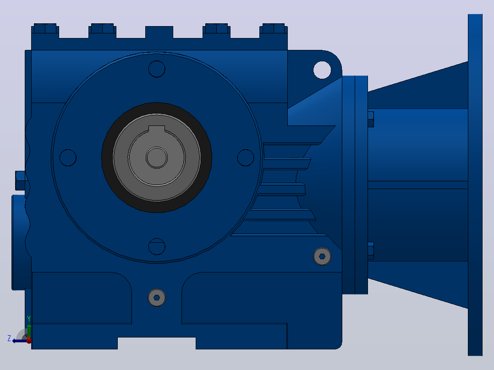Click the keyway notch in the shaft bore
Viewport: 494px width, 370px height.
pyautogui.click(x=157, y=129)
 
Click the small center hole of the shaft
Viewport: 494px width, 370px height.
pyautogui.click(x=157, y=158)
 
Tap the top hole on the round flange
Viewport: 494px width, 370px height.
pyautogui.click(x=157, y=69)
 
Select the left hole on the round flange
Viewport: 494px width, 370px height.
pyautogui.click(x=68, y=158)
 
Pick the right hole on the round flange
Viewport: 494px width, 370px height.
pyautogui.click(x=246, y=158)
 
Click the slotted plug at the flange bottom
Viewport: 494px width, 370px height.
pyautogui.click(x=157, y=246)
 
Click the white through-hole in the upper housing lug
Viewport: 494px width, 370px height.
pyautogui.click(x=322, y=70)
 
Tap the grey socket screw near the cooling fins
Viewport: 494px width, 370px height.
pyautogui.click(x=322, y=256)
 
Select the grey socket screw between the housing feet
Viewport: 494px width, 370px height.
pyautogui.click(x=157, y=298)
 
